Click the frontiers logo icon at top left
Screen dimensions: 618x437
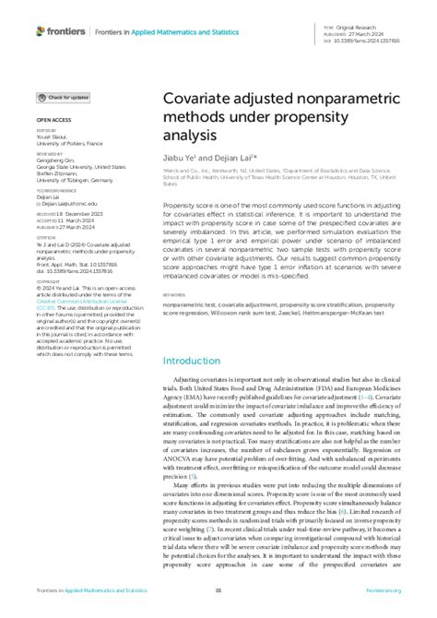pos(41,31)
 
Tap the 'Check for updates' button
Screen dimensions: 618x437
pos(63,97)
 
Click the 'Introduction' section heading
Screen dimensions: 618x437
pos(195,361)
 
